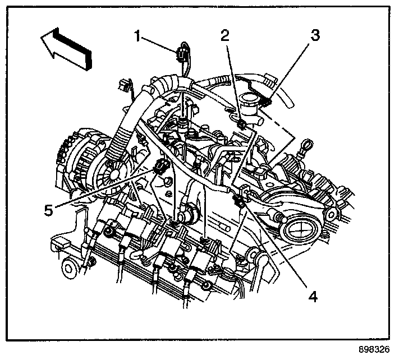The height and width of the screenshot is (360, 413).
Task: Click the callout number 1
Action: click(x=137, y=36)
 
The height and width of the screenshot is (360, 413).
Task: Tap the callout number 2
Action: click(x=225, y=36)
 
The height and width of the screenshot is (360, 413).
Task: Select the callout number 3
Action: click(x=316, y=36)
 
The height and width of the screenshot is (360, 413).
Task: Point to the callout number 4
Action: click(x=312, y=296)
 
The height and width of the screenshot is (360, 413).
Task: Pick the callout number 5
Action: click(x=49, y=210)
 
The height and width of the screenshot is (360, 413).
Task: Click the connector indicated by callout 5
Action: click(x=162, y=167)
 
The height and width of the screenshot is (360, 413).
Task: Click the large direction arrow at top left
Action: click(x=65, y=49)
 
